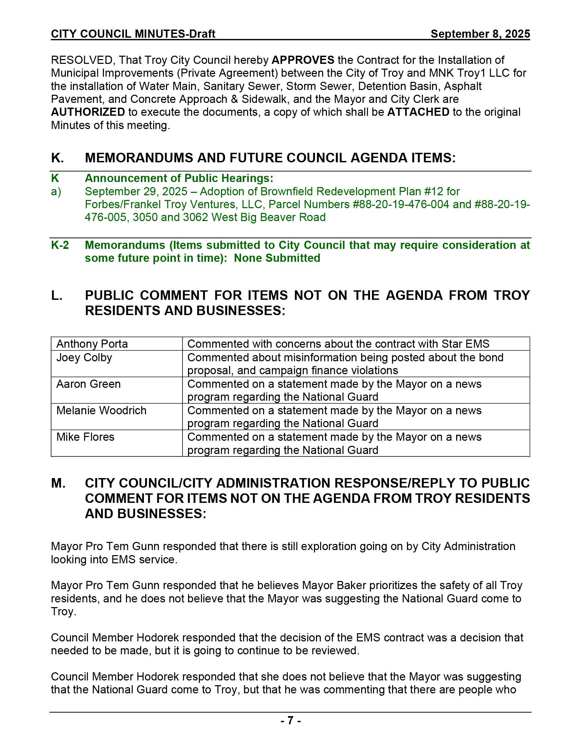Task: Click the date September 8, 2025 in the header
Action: coord(480,34)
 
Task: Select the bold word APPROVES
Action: coord(302,60)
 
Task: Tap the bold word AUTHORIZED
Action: coord(88,112)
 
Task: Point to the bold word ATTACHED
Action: coord(418,112)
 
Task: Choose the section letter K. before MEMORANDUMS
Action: coord(57,158)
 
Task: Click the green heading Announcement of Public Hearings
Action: coord(179,178)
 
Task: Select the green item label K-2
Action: coord(60,245)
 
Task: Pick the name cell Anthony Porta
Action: coord(92,344)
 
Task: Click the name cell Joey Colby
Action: coord(84,358)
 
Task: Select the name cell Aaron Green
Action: coord(89,384)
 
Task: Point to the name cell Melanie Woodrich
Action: coord(101,411)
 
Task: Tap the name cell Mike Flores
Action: coord(85,437)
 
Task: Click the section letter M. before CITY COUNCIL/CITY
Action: coord(58,483)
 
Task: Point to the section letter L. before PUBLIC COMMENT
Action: coord(56,295)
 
